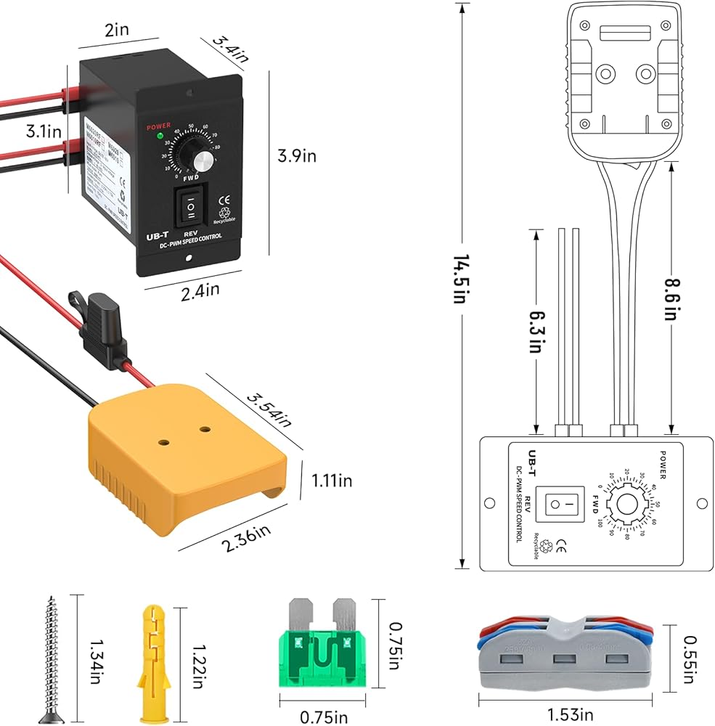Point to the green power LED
159,136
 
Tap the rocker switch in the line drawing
564,503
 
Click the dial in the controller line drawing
626,502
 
